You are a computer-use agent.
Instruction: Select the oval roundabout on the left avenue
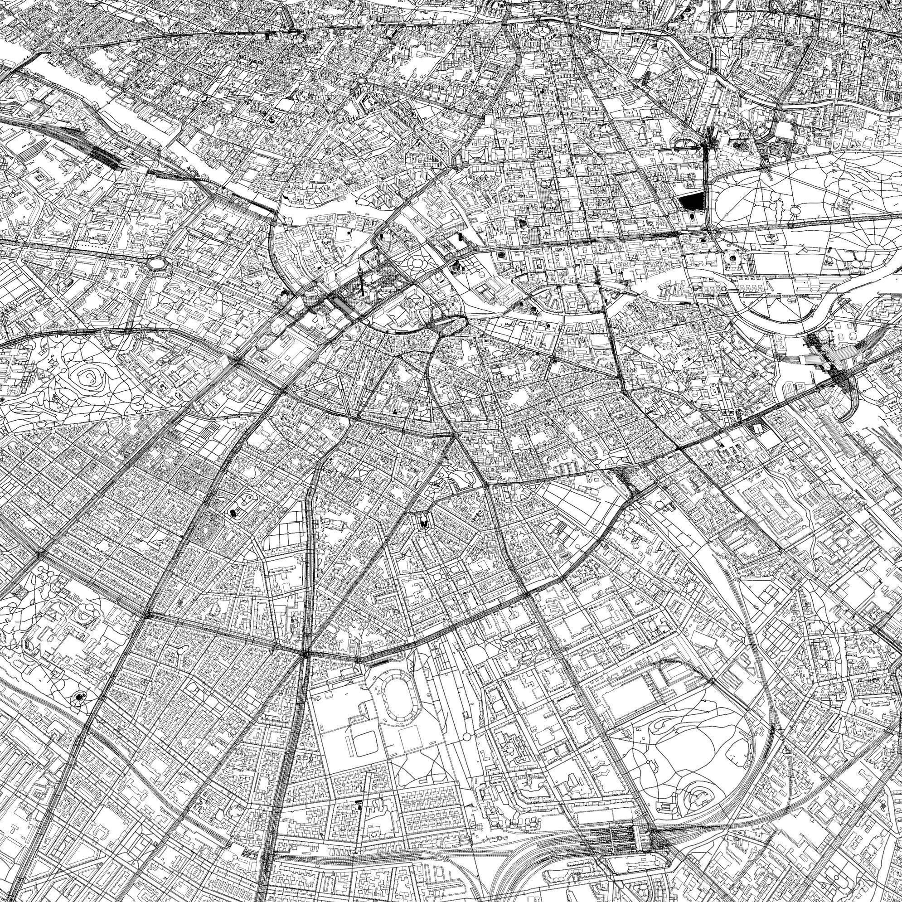(157, 264)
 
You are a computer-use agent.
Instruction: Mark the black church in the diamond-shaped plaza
(423, 522)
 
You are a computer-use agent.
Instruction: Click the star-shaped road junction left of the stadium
(305, 654)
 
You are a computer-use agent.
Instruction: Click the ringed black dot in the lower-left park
(80, 697)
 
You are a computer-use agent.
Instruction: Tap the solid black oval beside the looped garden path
(232, 514)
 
